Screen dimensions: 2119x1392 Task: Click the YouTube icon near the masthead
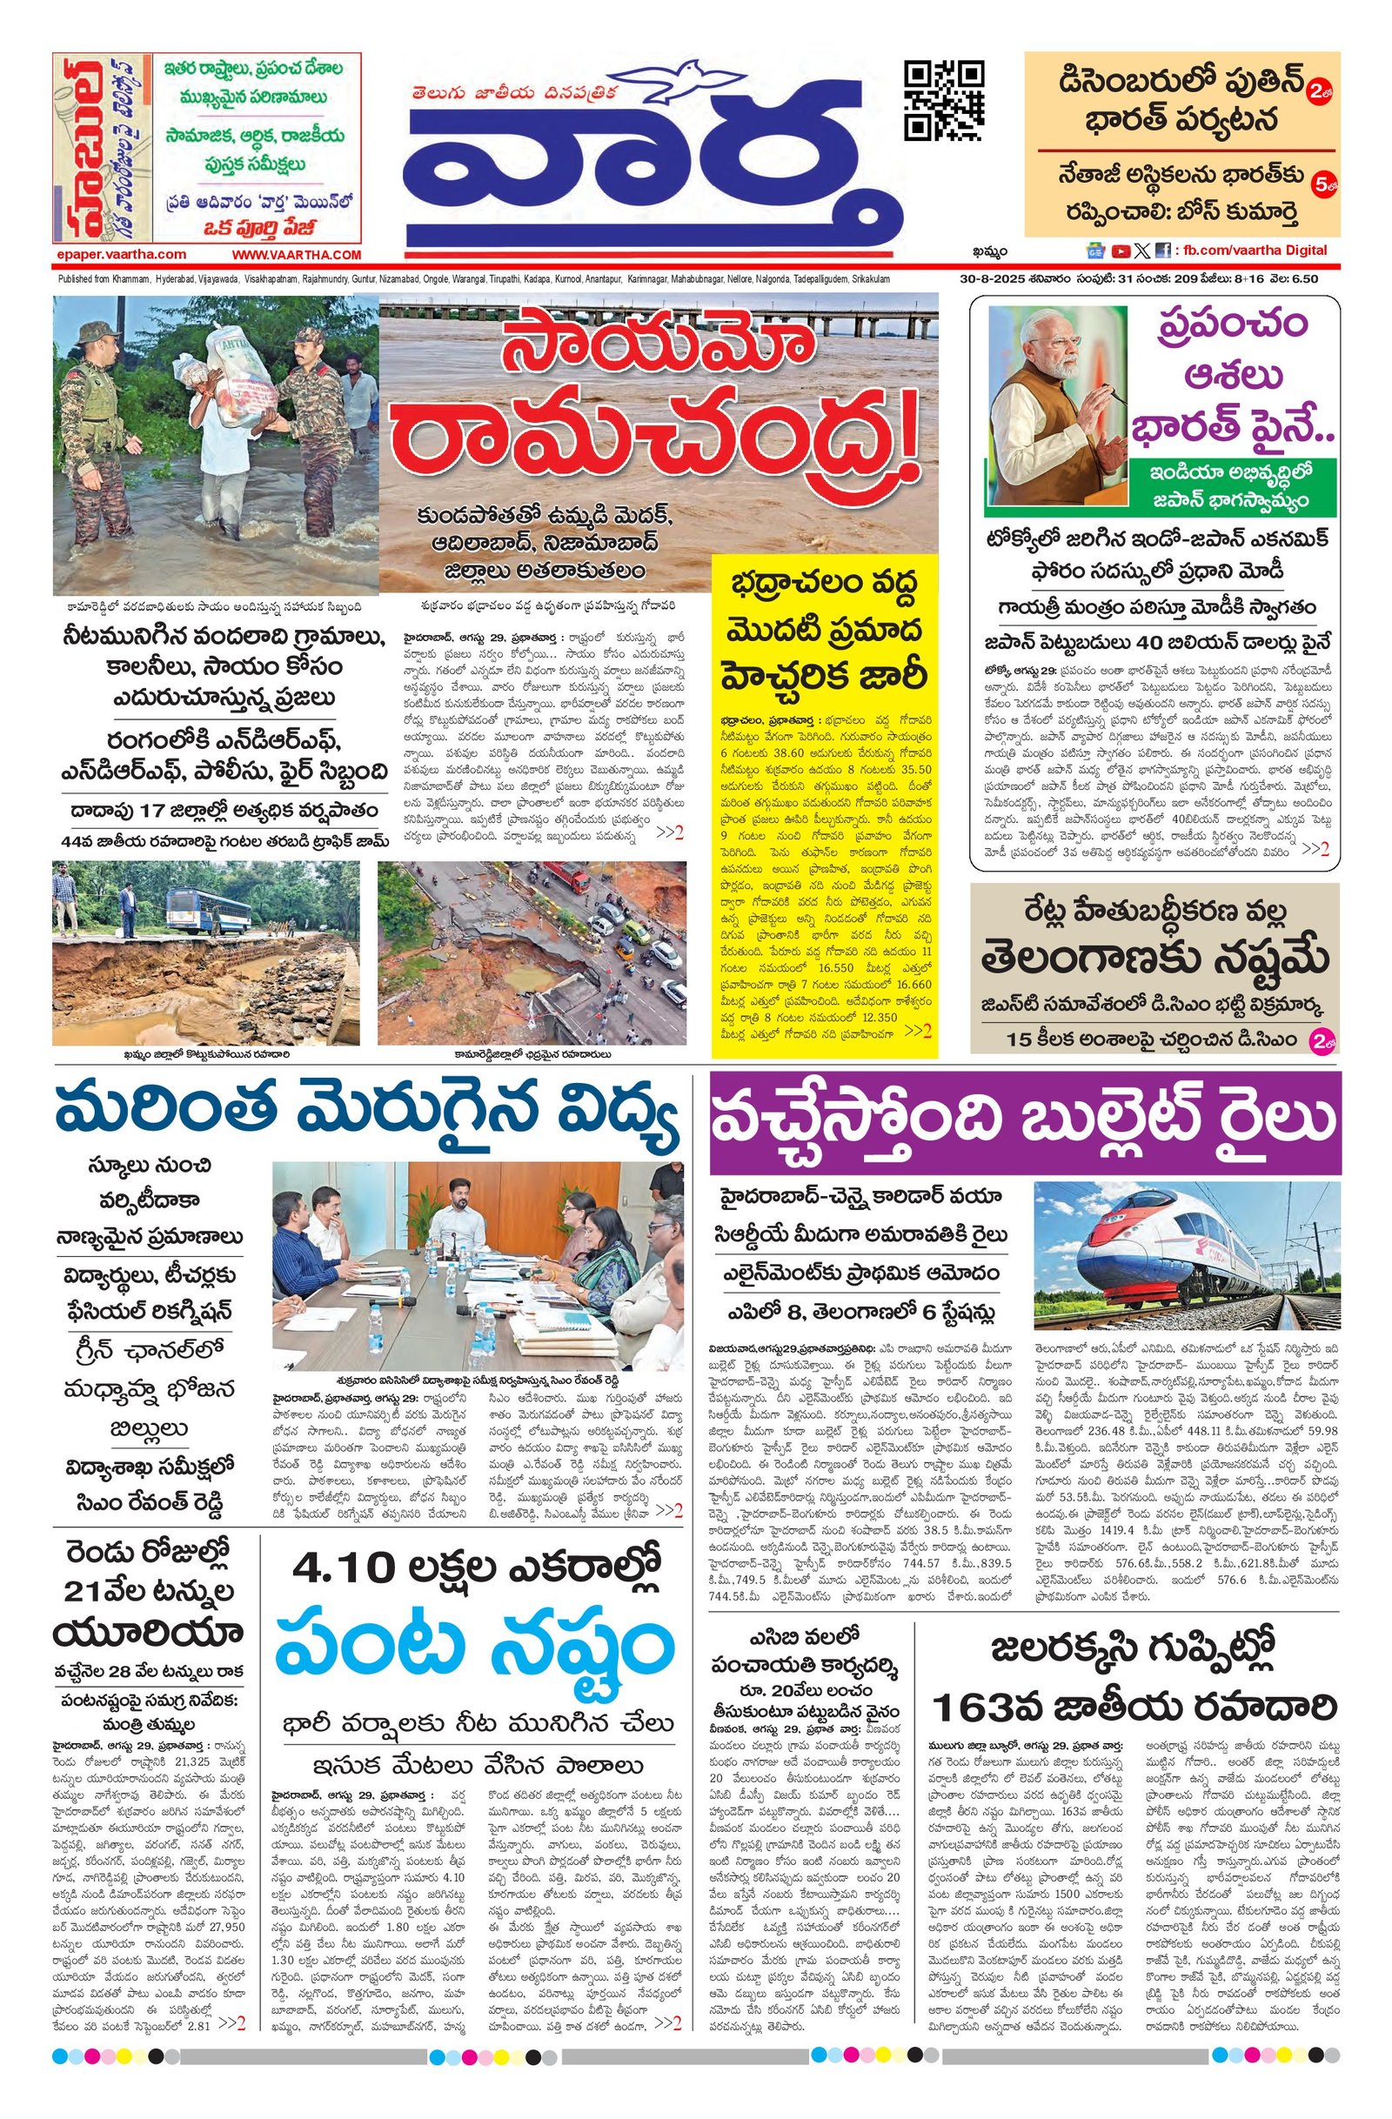point(1120,251)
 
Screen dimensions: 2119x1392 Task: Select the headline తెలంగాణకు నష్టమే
point(1154,960)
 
